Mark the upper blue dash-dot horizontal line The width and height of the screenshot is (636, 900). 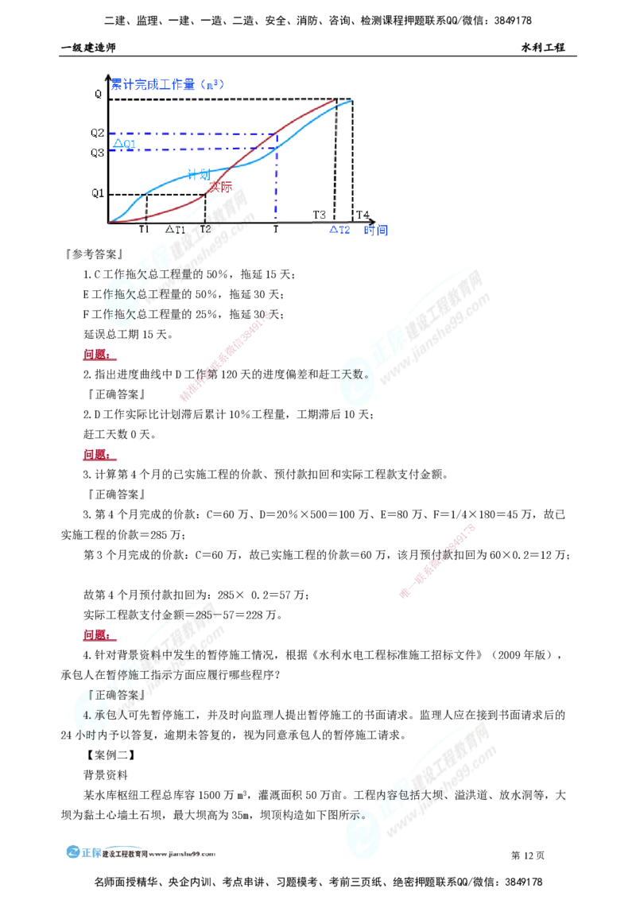[191, 133]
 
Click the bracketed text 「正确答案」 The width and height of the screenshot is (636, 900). [116, 693]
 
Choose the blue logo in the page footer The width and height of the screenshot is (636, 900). [83, 852]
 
